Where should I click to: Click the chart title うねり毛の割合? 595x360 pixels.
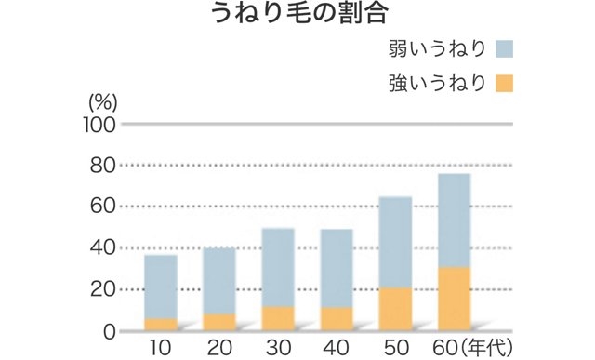(297, 14)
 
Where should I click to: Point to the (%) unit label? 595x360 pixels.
(101, 100)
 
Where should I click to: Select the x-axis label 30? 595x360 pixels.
(278, 349)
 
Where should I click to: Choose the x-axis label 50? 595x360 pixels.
(396, 349)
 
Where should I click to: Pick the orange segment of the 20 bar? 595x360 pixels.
(219, 322)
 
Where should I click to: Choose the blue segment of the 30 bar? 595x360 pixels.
(278, 268)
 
